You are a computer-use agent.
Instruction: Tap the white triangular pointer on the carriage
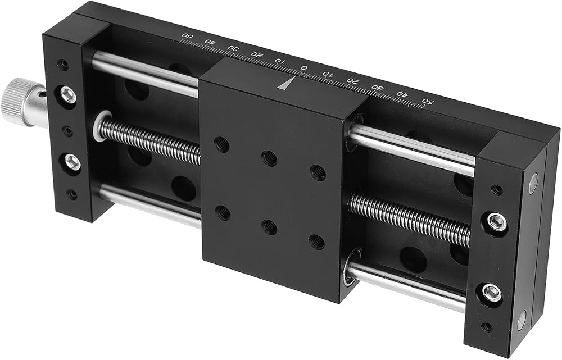point(287,83)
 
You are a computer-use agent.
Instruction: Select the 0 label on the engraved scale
point(304,68)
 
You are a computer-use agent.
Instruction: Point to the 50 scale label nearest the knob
point(187,35)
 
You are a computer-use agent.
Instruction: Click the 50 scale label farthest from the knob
point(429,101)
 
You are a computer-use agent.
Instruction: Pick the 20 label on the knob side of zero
point(257,54)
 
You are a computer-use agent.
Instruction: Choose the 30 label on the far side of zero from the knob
point(378,88)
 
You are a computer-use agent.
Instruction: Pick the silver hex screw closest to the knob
point(68,95)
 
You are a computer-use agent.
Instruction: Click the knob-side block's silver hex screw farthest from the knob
point(72,162)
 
